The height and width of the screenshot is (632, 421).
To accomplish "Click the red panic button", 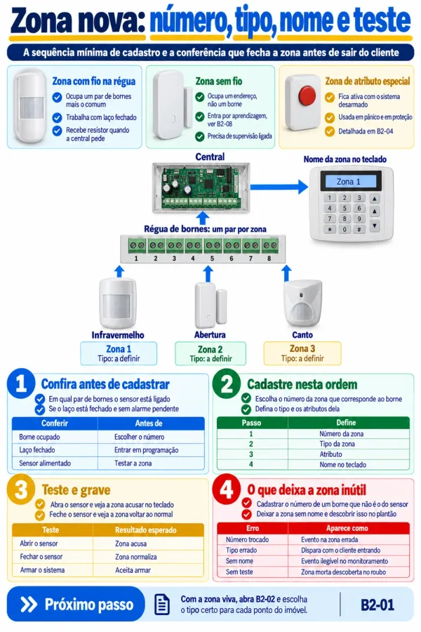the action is pyautogui.click(x=307, y=96).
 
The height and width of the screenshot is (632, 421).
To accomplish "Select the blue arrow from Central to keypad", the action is pyautogui.click(x=279, y=187).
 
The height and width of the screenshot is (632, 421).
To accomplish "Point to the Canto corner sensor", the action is pyautogui.click(x=302, y=303).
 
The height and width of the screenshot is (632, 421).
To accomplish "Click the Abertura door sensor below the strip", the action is pyautogui.click(x=210, y=305).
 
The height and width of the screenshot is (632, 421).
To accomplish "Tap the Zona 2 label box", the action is pyautogui.click(x=210, y=353).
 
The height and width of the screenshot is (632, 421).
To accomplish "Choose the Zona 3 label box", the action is pyautogui.click(x=302, y=353).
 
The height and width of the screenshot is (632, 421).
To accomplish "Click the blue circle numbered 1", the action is pyautogui.click(x=21, y=383).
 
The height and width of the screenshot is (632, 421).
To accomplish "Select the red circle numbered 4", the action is pyautogui.click(x=227, y=489).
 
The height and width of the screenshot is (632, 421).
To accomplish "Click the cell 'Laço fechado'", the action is pyautogui.click(x=37, y=450).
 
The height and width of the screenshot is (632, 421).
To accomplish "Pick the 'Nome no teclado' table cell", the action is pyautogui.click(x=343, y=465).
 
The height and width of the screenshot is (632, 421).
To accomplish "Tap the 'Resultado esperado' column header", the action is pyautogui.click(x=146, y=530).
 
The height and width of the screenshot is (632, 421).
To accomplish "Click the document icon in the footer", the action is pyautogui.click(x=162, y=605).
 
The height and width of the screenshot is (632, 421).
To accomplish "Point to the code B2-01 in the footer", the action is pyautogui.click(x=377, y=605).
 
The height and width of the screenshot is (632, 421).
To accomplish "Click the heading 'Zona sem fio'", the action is pyautogui.click(x=219, y=81).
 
